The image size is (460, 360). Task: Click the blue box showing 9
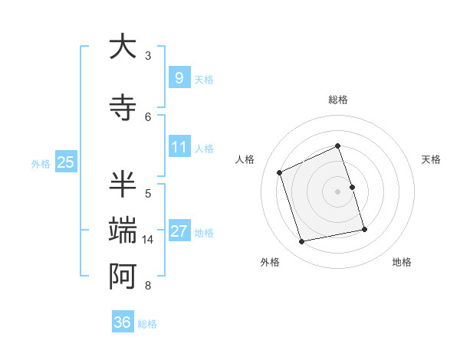179,77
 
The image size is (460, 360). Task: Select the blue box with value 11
179,147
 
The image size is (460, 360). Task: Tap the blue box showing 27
179,231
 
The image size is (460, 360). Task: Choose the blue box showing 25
65,162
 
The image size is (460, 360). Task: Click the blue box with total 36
122,322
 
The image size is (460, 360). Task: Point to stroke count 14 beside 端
148,240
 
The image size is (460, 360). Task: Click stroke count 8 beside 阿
148,286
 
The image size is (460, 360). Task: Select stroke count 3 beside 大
148,56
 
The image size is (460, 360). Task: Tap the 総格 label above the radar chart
337,100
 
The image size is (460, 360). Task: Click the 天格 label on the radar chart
432,159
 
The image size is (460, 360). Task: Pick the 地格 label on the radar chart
402,262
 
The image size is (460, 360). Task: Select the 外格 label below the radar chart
270,262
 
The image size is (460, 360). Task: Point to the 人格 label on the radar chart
245,159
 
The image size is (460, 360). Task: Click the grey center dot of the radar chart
337,191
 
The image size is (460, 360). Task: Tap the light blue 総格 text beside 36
147,323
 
